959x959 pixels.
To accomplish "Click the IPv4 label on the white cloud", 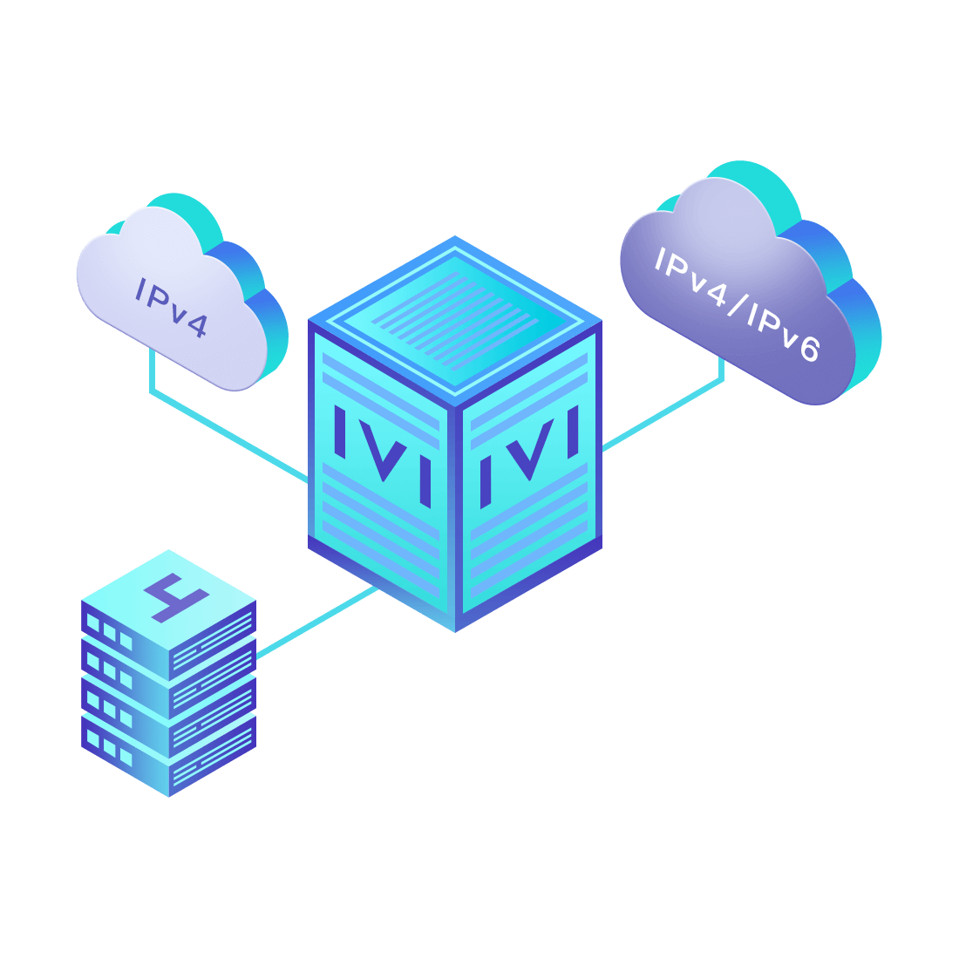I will (x=171, y=308).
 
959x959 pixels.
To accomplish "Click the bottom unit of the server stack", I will (x=169, y=757).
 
